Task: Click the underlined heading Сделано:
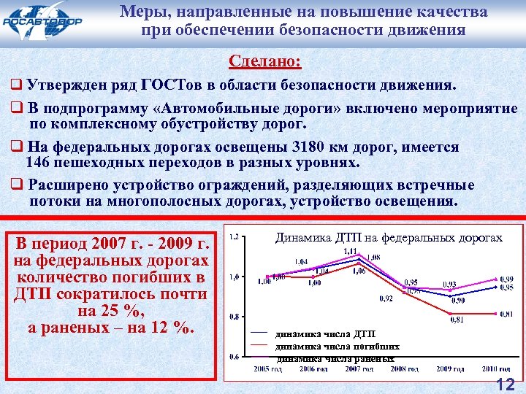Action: coord(264,61)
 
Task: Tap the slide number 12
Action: coord(505,384)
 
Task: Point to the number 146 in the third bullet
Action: coord(38,162)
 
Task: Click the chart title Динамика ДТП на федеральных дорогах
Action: coord(388,237)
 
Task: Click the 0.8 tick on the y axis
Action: coord(234,317)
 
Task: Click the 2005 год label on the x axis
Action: coord(267,370)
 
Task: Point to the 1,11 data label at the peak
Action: coord(350,251)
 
